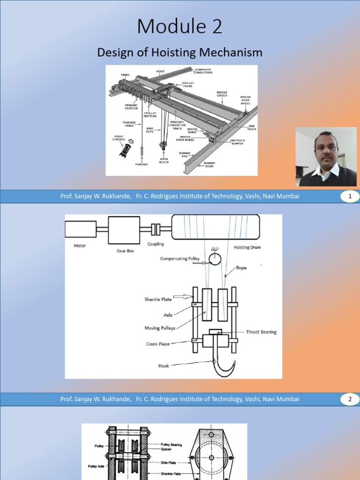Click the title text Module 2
(180, 26)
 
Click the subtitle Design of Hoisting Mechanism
(180, 52)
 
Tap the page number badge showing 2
(349, 400)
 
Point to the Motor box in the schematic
(81, 229)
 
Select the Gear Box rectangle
(124, 230)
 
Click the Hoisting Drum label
(247, 247)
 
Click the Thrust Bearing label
(261, 332)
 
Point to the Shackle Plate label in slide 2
(158, 299)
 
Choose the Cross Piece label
(157, 344)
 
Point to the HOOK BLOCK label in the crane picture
(164, 160)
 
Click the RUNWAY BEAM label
(209, 165)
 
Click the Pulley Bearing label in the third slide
(171, 444)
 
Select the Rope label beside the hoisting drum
(241, 268)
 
